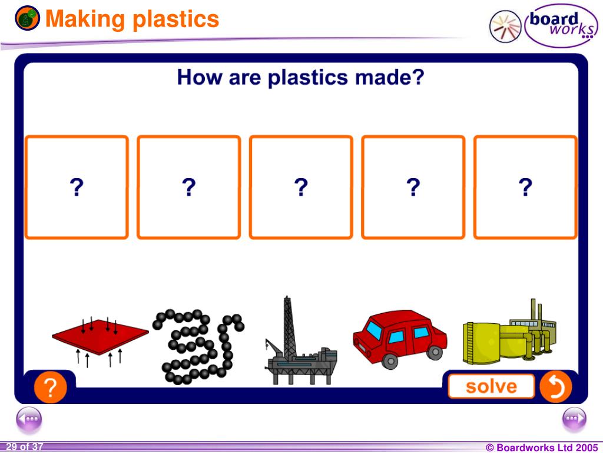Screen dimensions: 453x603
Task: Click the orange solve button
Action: click(491, 387)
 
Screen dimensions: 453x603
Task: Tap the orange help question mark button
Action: click(50, 389)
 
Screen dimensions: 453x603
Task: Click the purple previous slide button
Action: click(29, 420)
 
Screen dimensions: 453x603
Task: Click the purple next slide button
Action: click(574, 420)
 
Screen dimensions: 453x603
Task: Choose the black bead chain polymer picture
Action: click(197, 345)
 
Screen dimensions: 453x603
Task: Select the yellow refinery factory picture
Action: click(509, 333)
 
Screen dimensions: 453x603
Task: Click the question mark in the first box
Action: click(77, 188)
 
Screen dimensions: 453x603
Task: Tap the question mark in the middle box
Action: click(301, 188)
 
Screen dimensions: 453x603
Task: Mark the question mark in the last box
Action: click(525, 188)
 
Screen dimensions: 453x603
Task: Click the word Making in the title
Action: click(86, 19)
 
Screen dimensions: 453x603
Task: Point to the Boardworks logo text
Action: click(559, 25)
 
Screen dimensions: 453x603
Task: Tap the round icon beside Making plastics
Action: click(28, 19)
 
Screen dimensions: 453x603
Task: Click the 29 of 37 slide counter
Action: click(25, 447)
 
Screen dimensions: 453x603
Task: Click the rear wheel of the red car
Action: click(435, 352)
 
